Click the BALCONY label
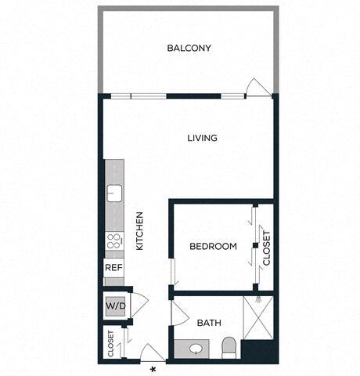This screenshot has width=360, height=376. click(x=189, y=49)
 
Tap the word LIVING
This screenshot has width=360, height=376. click(x=202, y=139)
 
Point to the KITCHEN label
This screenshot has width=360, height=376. click(x=140, y=231)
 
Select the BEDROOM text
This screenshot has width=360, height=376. click(x=213, y=247)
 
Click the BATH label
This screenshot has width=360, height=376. click(x=208, y=323)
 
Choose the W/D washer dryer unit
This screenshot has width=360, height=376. click(x=114, y=305)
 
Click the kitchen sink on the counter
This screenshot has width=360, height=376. click(x=114, y=192)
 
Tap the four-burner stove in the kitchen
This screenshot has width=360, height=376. click(x=114, y=241)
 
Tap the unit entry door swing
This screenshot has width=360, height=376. click(x=150, y=352)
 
